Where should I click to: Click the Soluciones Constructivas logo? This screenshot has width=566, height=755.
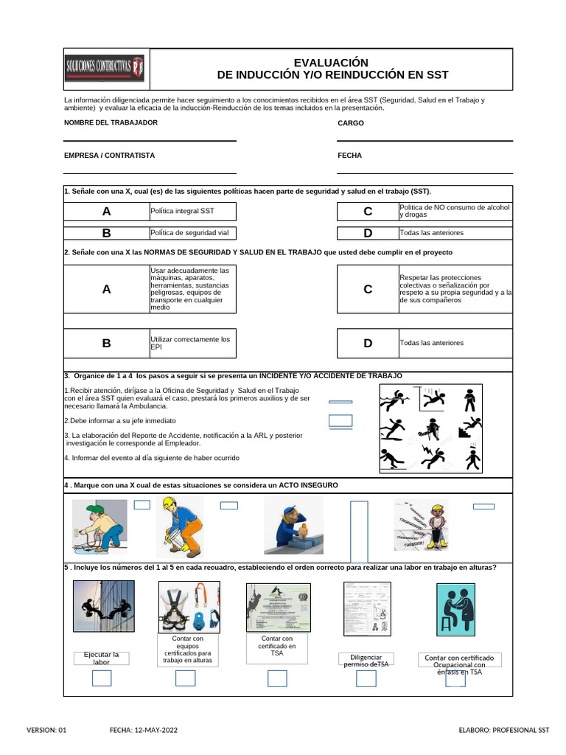[x=105, y=68]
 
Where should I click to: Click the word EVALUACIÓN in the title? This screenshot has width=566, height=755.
[x=331, y=63]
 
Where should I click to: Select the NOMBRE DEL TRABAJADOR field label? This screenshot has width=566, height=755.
[x=111, y=123]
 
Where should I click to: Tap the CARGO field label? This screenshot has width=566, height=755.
[x=351, y=123]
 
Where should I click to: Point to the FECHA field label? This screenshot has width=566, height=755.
[x=349, y=156]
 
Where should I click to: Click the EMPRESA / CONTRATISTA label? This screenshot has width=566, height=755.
[x=109, y=156]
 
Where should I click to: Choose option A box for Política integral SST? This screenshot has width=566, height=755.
[x=107, y=212]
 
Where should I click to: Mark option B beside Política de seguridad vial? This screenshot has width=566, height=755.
[x=107, y=233]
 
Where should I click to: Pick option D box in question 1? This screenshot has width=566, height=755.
[x=368, y=233]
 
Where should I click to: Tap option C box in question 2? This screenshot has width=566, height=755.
[x=368, y=289]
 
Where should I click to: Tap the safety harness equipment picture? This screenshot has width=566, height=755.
[x=188, y=606]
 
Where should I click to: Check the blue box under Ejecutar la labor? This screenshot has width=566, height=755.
[x=101, y=678]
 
